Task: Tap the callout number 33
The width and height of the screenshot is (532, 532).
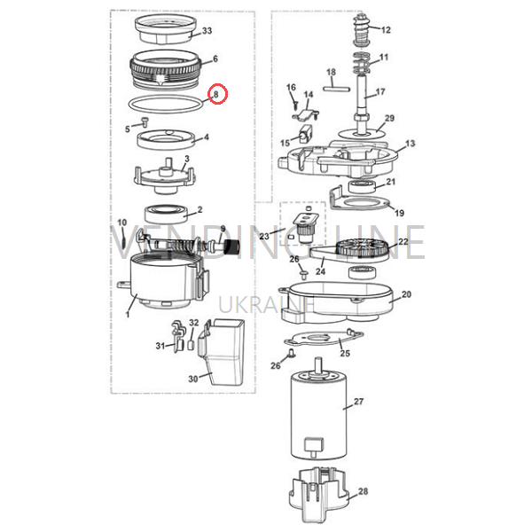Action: pos(207,30)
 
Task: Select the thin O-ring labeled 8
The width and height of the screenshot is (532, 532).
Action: pos(166,104)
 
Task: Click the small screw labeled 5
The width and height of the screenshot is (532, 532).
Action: pos(145,121)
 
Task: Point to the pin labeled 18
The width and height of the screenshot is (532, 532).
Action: pos(337,89)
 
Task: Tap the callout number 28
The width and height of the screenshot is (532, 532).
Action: pos(363,491)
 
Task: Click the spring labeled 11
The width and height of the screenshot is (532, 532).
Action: pos(362,64)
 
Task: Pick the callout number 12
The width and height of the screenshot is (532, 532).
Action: pos(386,30)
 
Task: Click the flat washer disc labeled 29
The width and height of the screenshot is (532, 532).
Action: pos(363,133)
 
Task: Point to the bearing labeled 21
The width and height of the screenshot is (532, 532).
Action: pos(362,187)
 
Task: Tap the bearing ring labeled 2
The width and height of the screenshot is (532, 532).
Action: pos(166,214)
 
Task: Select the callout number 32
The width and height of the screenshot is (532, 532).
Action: pos(193,323)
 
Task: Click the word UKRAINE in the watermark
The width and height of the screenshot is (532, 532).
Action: pos(267,304)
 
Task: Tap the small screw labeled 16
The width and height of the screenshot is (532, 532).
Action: pos(295,104)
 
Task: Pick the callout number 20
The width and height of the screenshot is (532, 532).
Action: pos(406,294)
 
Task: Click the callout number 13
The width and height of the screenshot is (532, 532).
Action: pos(411,143)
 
